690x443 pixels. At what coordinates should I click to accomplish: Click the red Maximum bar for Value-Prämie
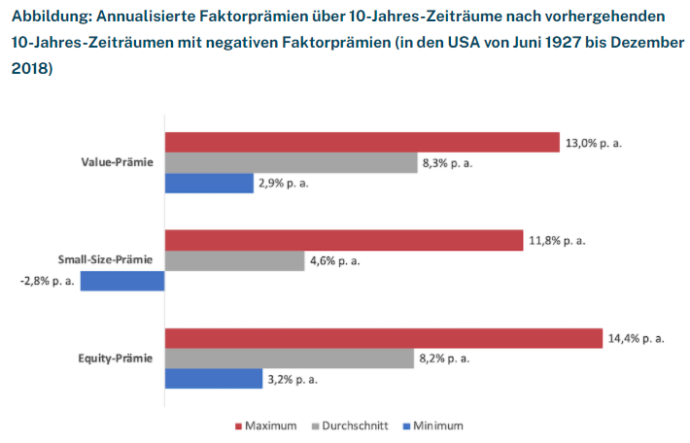pyautogui.click(x=362, y=142)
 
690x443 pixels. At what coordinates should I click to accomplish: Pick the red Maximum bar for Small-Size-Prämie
pyautogui.click(x=344, y=240)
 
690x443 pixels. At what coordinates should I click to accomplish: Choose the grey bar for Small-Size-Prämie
pyautogui.click(x=234, y=260)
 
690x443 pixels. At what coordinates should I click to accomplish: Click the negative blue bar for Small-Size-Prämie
pyautogui.click(x=122, y=282)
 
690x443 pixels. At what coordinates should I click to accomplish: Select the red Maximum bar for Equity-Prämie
pyautogui.click(x=383, y=338)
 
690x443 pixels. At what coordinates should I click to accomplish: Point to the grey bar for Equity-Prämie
pyautogui.click(x=289, y=358)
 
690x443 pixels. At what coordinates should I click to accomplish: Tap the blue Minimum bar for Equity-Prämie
pyautogui.click(x=213, y=379)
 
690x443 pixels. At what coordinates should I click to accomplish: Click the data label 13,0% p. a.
pyautogui.click(x=593, y=143)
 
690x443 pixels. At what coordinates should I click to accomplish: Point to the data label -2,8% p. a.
pyautogui.click(x=46, y=282)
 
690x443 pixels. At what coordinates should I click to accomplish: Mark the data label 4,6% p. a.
pyautogui.click(x=337, y=261)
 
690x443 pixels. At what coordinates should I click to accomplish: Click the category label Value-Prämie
pyautogui.click(x=117, y=162)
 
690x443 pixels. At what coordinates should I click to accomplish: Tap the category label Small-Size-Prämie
pyautogui.click(x=106, y=260)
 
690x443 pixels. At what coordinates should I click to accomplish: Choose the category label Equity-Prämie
pyautogui.click(x=116, y=358)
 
